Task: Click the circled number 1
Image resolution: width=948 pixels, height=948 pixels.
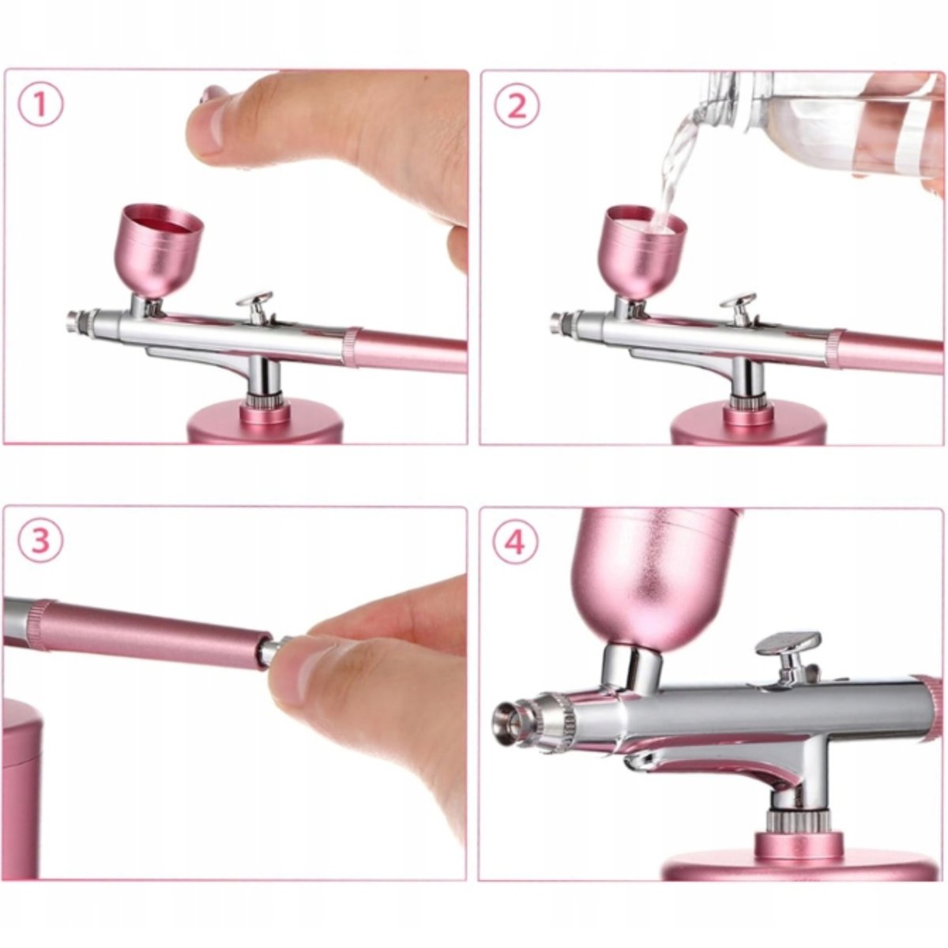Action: [41, 107]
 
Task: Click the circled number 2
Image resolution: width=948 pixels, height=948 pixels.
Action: [517, 107]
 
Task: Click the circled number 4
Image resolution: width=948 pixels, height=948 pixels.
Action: [516, 542]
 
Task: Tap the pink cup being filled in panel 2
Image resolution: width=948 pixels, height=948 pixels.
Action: [641, 251]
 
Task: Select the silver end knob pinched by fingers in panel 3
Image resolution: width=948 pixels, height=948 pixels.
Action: [276, 647]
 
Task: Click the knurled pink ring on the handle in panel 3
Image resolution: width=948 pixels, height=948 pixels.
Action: [39, 625]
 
